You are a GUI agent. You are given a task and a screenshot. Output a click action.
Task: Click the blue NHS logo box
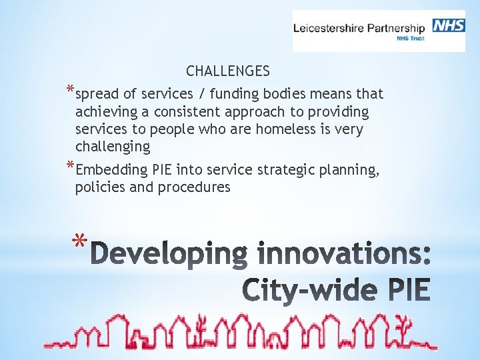click(449, 25)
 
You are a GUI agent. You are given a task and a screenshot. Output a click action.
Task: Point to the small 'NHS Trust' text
click(409, 39)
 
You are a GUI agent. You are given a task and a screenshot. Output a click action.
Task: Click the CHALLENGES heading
click(228, 71)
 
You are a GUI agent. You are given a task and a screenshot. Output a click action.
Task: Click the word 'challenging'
click(113, 146)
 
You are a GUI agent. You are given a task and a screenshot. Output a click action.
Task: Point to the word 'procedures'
click(194, 187)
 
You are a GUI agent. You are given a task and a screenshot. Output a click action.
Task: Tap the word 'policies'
click(101, 187)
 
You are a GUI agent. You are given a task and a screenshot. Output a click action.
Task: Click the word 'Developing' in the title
click(167, 255)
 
